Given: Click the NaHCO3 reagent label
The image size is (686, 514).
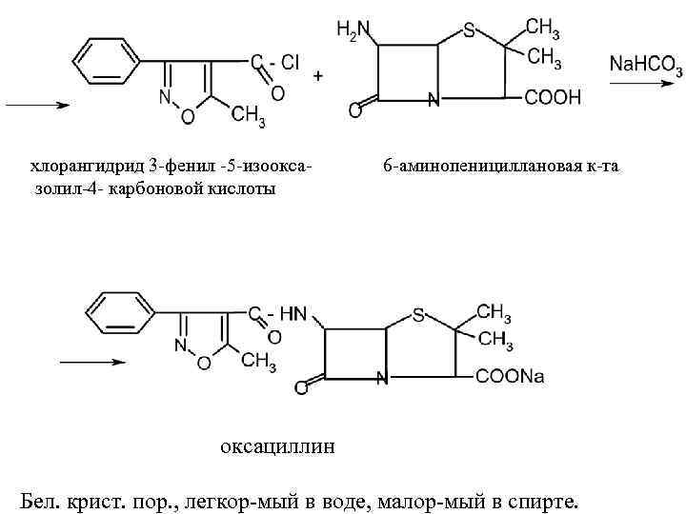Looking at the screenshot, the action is tap(645, 64).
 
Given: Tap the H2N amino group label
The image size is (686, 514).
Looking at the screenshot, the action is tap(352, 31).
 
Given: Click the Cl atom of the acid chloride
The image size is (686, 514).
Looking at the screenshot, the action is tap(290, 62).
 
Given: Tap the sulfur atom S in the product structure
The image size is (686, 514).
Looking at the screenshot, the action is tap(418, 312).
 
